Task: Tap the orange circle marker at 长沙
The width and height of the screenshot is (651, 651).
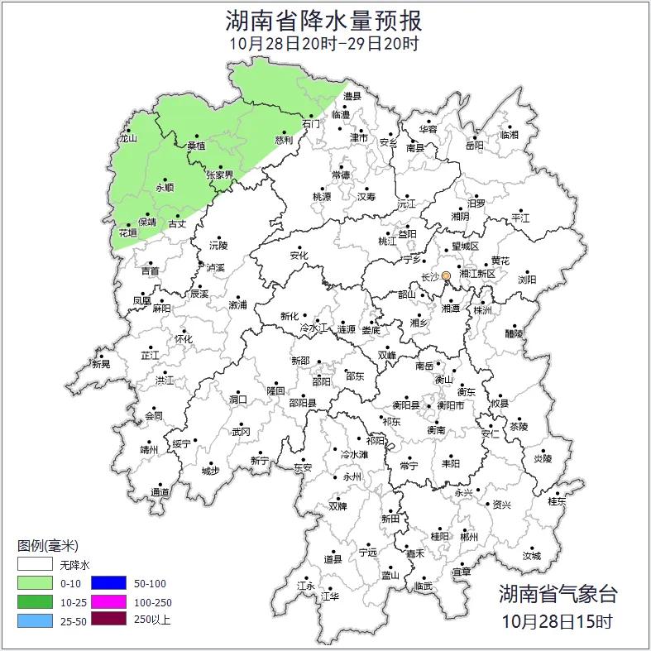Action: [x=446, y=275]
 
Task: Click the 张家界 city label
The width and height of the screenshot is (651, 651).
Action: [x=220, y=175]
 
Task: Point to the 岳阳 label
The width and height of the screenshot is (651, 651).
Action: [x=474, y=146]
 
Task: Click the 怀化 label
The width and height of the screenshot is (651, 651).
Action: [x=183, y=339]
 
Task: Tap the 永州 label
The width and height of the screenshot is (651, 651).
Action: [x=352, y=477]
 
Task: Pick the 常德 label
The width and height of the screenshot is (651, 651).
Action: [x=341, y=175]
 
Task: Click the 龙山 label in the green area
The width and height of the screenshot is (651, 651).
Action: [x=127, y=139]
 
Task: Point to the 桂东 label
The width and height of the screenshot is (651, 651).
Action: [x=557, y=501]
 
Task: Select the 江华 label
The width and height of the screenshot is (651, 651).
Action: [x=330, y=596]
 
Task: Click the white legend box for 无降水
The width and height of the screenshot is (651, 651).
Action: [x=36, y=566]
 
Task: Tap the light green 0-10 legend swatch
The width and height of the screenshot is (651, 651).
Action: [x=36, y=583]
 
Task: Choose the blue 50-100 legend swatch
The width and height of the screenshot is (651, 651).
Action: [x=108, y=583]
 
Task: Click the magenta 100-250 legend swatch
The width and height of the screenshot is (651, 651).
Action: [x=108, y=601]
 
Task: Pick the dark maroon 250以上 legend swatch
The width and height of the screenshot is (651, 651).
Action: [x=108, y=618]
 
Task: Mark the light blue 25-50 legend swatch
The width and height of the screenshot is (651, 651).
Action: [x=36, y=618]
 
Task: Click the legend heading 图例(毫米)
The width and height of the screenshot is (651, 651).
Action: [x=48, y=546]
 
